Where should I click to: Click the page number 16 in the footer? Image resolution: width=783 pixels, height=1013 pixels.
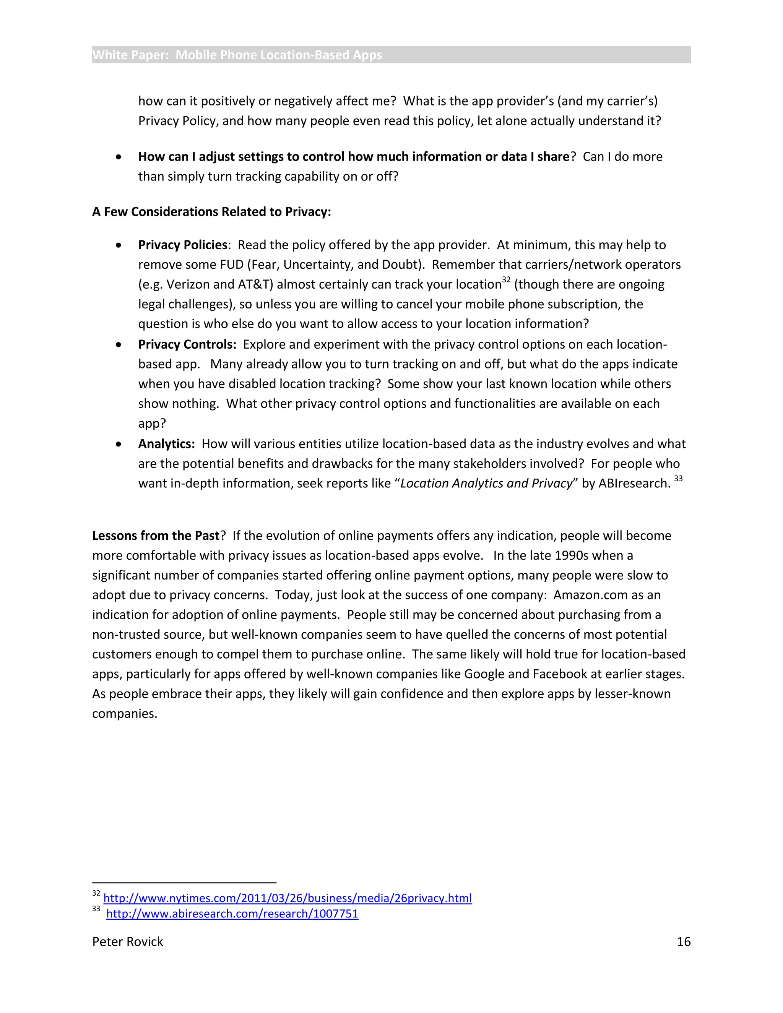coord(683,942)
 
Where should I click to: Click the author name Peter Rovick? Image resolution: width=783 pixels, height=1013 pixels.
coord(128,942)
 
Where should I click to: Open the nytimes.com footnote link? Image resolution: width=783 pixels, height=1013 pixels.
coord(287,898)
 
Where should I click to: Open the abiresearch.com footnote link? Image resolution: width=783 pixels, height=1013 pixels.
coord(232,913)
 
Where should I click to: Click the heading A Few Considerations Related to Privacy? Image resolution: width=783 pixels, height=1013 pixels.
coord(211,212)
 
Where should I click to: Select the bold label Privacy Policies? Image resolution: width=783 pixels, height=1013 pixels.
coord(183,245)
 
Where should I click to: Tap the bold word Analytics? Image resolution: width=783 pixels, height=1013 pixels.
coord(166,444)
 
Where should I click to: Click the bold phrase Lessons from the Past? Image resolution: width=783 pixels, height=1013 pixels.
coord(155,536)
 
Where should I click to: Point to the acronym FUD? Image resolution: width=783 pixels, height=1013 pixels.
coord(232,265)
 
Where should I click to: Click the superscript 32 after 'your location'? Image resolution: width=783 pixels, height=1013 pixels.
coord(506,280)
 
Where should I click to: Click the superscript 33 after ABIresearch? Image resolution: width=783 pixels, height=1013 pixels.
coord(678,479)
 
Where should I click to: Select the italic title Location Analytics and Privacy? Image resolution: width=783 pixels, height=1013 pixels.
coord(487,483)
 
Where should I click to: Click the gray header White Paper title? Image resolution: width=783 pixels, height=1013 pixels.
coord(237,55)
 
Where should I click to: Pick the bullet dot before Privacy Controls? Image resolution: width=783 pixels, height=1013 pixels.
coord(119,345)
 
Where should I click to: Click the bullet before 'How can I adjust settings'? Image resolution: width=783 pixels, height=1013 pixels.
coord(119,157)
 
